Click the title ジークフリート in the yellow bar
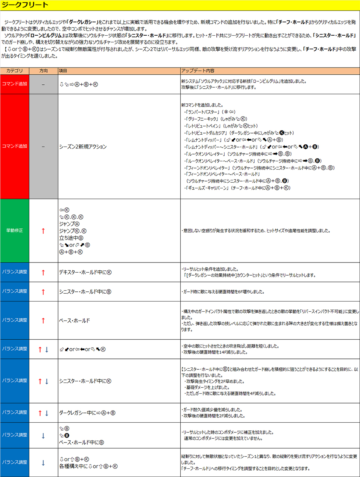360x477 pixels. (25, 5)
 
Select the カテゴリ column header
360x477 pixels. (15, 71)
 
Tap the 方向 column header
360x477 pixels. (43, 71)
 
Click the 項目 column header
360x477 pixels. (63, 71)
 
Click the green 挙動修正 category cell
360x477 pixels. (15, 231)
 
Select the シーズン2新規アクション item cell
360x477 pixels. (83, 147)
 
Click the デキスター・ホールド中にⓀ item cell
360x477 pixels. (85, 272)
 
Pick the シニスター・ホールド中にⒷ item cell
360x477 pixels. (85, 292)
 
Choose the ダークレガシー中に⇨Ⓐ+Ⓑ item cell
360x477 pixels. (87, 413)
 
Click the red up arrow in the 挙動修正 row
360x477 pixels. (43, 231)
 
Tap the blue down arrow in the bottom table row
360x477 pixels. (43, 463)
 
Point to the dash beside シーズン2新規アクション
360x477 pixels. (43, 147)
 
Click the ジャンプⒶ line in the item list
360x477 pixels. (69, 224)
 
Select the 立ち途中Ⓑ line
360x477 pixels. (71, 238)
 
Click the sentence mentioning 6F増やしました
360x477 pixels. (223, 292)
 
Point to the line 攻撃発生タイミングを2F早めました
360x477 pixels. (215, 381)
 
